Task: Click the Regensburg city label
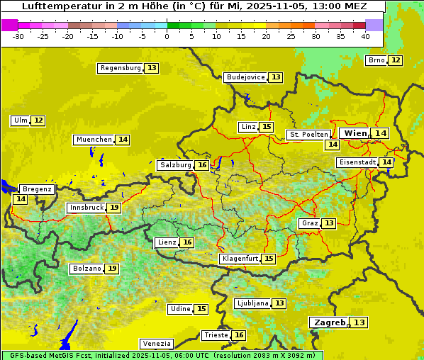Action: pyautogui.click(x=121, y=68)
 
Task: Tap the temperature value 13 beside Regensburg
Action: pyautogui.click(x=152, y=68)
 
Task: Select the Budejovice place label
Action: pyautogui.click(x=245, y=77)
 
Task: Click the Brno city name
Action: pyautogui.click(x=376, y=60)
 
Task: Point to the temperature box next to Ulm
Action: pyautogui.click(x=38, y=120)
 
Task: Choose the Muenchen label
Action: pyautogui.click(x=94, y=140)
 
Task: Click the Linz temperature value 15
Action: pyautogui.click(x=266, y=127)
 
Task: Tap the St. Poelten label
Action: pyautogui.click(x=308, y=134)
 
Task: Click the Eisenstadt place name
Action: pyautogui.click(x=357, y=162)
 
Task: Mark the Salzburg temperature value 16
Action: pyautogui.click(x=202, y=165)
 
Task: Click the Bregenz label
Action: pyautogui.click(x=37, y=189)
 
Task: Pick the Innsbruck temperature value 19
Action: pyautogui.click(x=114, y=208)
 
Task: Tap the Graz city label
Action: pyautogui.click(x=309, y=223)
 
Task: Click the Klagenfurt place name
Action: pyautogui.click(x=239, y=259)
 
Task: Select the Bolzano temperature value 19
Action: pyautogui.click(x=112, y=269)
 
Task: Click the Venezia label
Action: pyautogui.click(x=156, y=344)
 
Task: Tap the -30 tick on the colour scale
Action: pyautogui.click(x=18, y=35)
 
